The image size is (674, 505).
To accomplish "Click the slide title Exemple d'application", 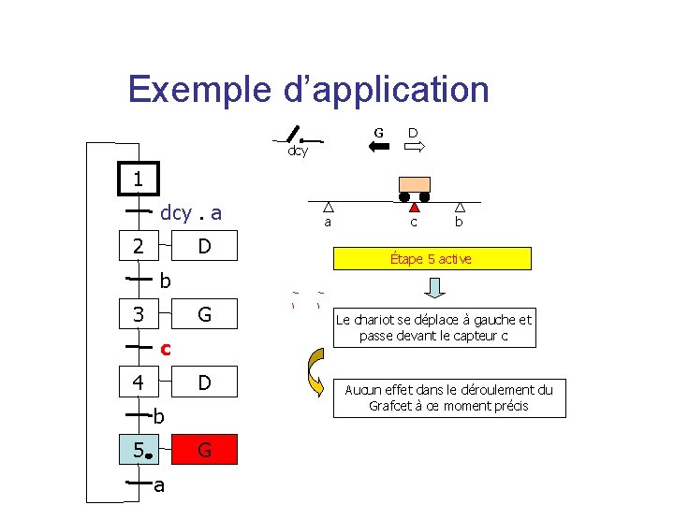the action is pyautogui.click(x=308, y=90).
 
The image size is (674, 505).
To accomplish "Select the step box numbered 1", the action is pyautogui.click(x=139, y=179).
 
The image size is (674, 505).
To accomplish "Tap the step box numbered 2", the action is pyautogui.click(x=139, y=247).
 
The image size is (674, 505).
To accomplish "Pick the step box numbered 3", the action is pyautogui.click(x=139, y=314).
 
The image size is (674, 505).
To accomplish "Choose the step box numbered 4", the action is pyautogui.click(x=139, y=382).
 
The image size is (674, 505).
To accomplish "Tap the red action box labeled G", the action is pyautogui.click(x=205, y=451).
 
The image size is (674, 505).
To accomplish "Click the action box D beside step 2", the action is pyautogui.click(x=205, y=247).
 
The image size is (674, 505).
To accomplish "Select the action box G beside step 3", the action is pyautogui.click(x=205, y=314).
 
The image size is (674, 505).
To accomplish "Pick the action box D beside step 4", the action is pyautogui.click(x=205, y=382).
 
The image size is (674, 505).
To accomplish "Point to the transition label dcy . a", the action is pyautogui.click(x=191, y=213).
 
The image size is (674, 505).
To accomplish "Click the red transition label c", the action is pyautogui.click(x=165, y=349).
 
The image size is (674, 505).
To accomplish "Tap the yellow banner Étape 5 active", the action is pyautogui.click(x=431, y=259).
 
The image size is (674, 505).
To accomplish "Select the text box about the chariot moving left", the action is pyautogui.click(x=433, y=327).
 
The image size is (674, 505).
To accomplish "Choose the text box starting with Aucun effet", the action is pyautogui.click(x=448, y=397).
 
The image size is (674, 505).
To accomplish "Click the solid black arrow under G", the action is pyautogui.click(x=379, y=148).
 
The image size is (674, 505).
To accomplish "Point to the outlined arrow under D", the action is pyautogui.click(x=414, y=148).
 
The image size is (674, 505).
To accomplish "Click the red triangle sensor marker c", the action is pyautogui.click(x=414, y=208).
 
